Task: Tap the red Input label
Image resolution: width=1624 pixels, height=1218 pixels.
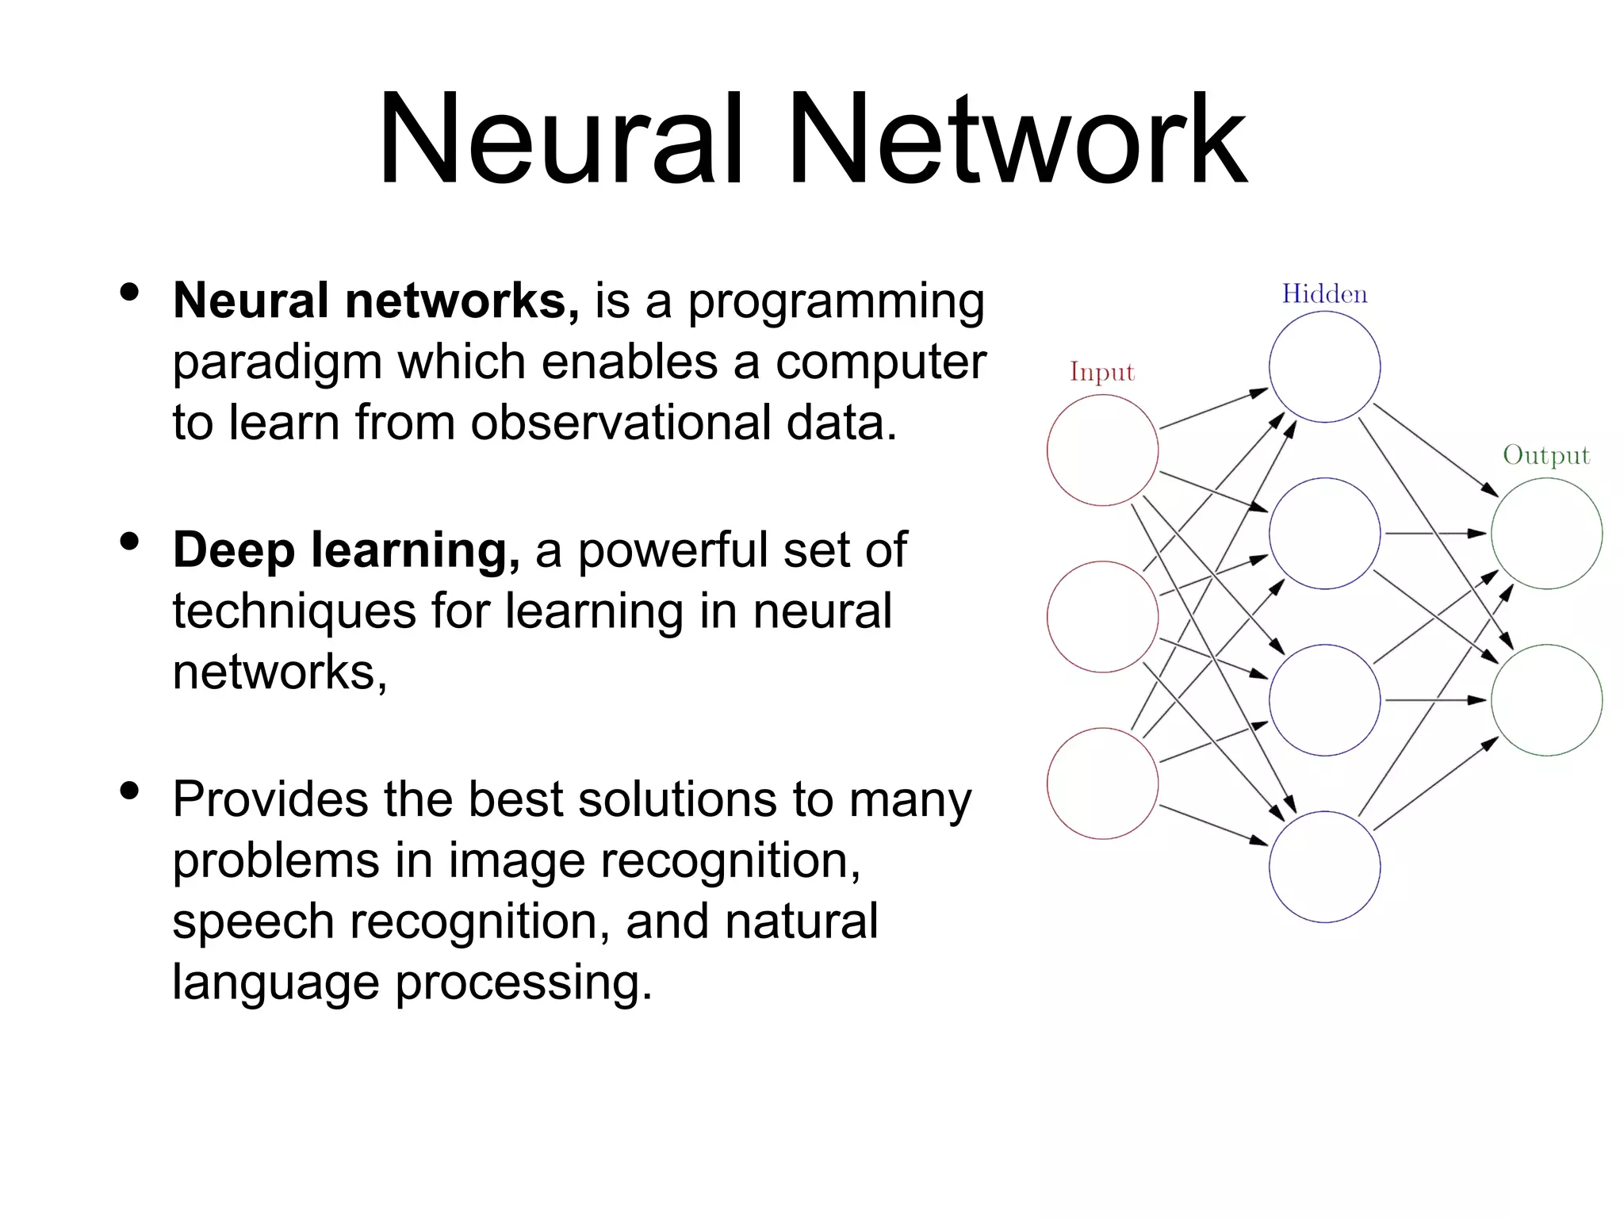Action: tap(1101, 372)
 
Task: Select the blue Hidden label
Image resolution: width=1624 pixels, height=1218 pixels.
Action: tap(1324, 294)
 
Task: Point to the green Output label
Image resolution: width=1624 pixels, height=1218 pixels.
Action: tap(1546, 455)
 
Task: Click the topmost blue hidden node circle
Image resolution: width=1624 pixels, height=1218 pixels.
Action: tap(1324, 366)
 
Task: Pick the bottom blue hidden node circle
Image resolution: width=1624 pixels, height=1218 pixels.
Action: tap(1324, 867)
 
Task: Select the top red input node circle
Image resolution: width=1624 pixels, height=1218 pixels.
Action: tap(1102, 450)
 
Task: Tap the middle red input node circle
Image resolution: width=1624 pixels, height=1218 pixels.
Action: tap(1102, 617)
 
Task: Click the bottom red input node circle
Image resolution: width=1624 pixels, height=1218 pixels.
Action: tap(1102, 783)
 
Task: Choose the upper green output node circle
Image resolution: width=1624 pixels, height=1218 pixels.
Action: tap(1546, 534)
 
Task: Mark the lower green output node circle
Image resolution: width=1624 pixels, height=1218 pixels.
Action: tap(1546, 700)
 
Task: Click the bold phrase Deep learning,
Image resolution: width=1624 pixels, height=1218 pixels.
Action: tap(347, 550)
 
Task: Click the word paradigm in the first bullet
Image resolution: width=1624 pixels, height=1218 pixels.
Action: tap(278, 363)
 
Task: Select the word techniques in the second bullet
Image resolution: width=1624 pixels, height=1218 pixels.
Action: tap(294, 611)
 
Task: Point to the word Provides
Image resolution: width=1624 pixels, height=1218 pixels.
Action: tap(270, 799)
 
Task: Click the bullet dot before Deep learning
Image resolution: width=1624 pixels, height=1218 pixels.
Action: tap(129, 542)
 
